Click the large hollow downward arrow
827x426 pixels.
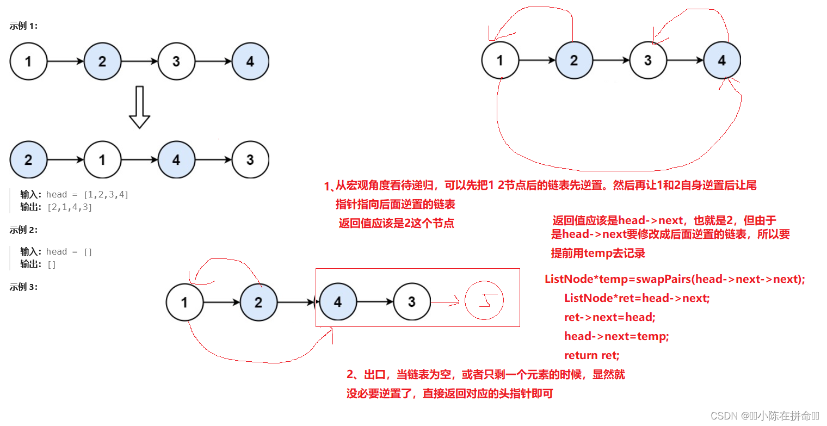pos(139,107)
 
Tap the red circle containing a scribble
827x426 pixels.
pos(484,301)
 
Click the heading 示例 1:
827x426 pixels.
pos(23,26)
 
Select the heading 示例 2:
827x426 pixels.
pos(23,230)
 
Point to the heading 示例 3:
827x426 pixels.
pos(23,287)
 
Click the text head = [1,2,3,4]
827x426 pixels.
pos(88,195)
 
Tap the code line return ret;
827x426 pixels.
pos(591,355)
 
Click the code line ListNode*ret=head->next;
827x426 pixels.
pos(637,298)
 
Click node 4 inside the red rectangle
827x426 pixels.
pos(337,301)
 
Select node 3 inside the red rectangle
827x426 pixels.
pos(411,301)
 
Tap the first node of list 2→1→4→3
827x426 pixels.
pos(28,160)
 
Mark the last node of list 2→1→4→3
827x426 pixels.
pos(250,160)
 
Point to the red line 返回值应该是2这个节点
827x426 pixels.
pos(396,223)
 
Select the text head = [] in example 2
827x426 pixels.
pos(69,252)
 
